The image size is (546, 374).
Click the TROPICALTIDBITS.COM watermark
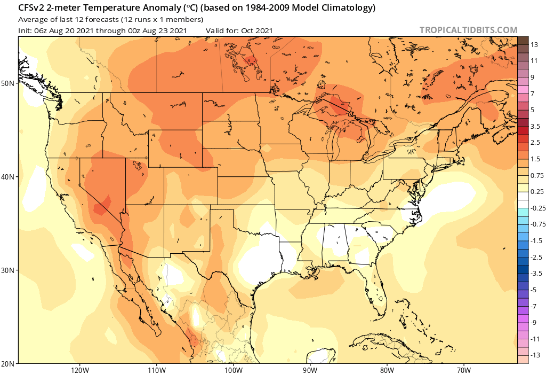468,30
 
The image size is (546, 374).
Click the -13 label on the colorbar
535,355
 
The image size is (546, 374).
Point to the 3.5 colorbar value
536,127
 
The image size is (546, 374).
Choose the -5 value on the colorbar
534,290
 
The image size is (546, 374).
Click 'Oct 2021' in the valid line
257,30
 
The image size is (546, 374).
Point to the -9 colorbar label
534,323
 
